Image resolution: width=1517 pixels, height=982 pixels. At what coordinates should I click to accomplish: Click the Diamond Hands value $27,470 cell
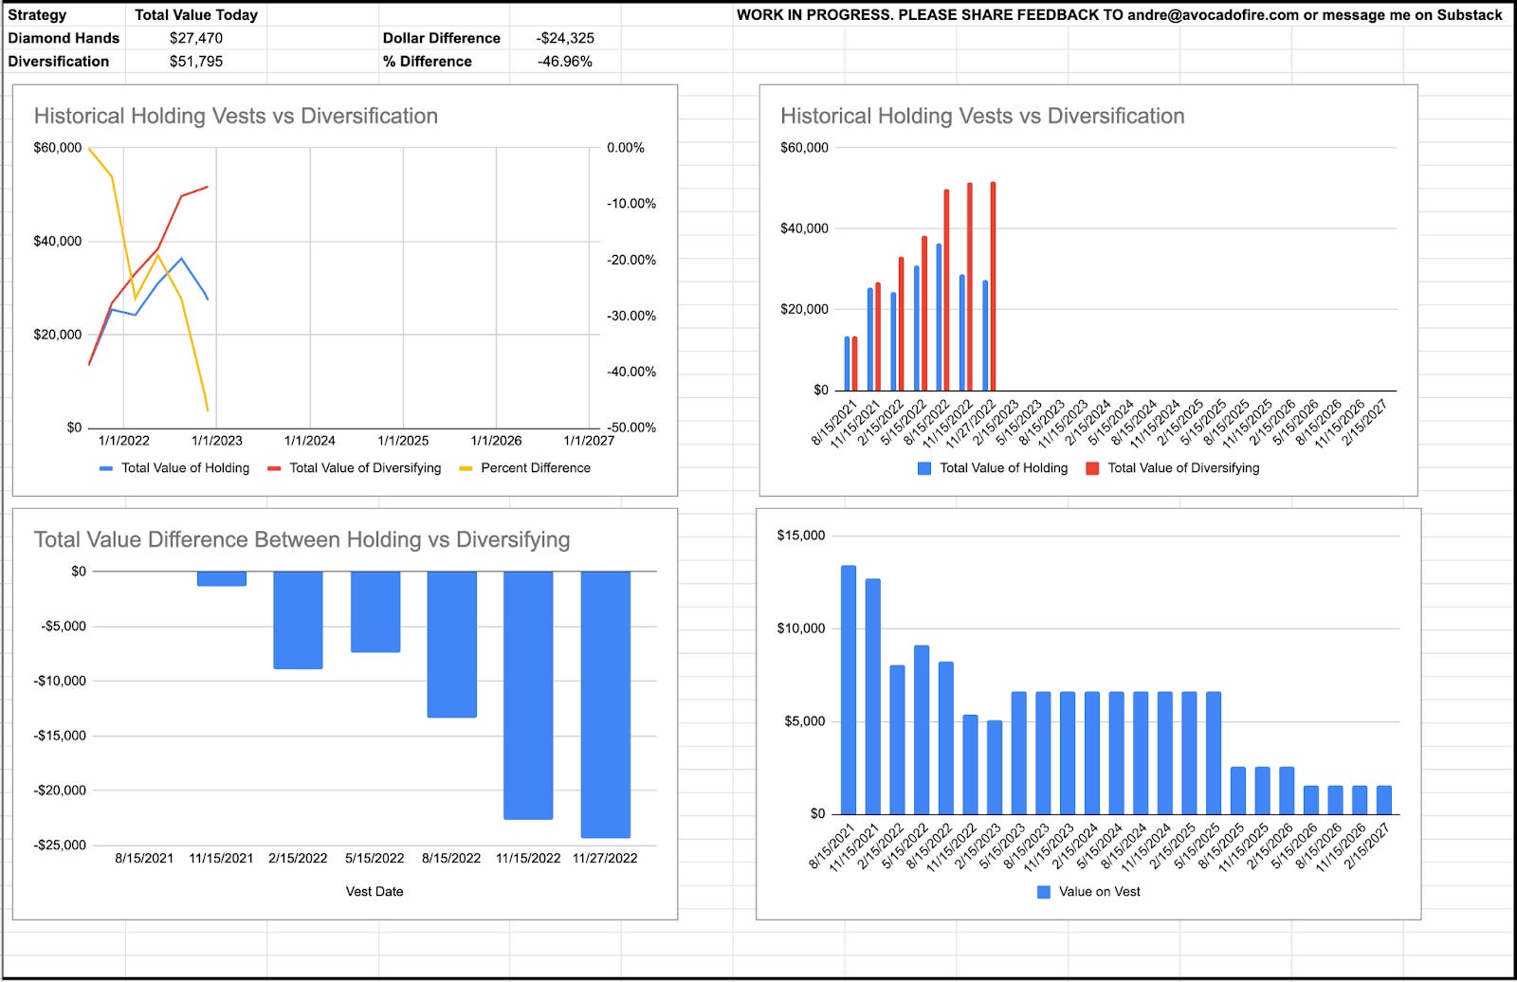point(195,38)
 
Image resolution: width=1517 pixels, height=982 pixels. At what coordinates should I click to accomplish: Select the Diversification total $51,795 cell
point(195,62)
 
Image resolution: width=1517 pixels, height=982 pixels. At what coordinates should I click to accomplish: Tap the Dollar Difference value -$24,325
point(565,38)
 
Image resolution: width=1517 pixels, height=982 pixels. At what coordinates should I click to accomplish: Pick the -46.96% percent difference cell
point(565,62)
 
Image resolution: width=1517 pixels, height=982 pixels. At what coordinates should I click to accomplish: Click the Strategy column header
point(38,15)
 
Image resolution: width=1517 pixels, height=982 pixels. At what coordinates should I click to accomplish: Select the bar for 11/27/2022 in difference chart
point(605,703)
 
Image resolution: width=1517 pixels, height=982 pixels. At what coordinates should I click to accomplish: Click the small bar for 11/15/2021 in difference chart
point(221,578)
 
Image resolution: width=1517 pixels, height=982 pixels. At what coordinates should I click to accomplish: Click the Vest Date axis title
point(375,892)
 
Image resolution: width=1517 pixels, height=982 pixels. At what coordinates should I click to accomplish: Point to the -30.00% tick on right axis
point(631,316)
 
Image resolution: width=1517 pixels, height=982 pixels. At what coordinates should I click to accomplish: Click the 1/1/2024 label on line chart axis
point(310,441)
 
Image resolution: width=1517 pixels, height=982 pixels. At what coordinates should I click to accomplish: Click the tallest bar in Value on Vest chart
point(848,689)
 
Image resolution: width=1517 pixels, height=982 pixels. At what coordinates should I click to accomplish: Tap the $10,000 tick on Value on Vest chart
point(801,628)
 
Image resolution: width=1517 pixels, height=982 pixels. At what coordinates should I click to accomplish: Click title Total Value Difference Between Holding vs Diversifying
point(302,540)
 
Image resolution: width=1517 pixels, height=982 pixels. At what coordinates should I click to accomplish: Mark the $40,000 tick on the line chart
point(58,242)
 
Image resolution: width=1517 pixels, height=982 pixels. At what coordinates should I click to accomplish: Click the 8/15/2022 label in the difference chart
point(451,859)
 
